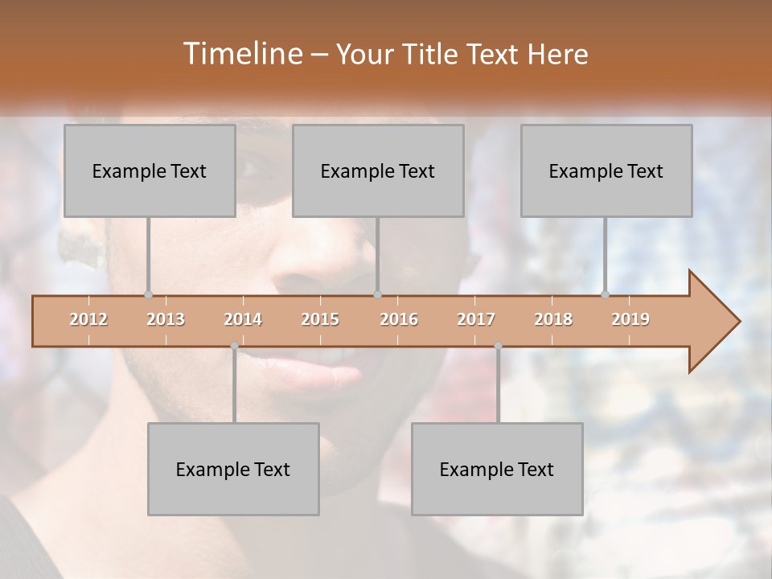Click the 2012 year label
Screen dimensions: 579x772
click(88, 319)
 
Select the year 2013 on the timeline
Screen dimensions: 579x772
click(166, 319)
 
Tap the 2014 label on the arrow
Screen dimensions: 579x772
click(243, 319)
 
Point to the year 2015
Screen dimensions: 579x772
click(320, 319)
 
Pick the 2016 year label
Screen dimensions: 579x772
click(399, 319)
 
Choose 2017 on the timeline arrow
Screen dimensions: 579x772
click(476, 319)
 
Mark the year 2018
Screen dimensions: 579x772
click(553, 319)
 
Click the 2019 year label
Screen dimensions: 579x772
click(630, 319)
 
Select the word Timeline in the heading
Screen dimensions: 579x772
click(242, 54)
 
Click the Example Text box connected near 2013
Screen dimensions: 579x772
click(150, 170)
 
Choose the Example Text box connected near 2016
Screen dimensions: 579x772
click(378, 170)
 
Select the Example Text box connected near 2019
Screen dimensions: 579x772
click(606, 170)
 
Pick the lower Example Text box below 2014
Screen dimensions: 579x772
click(233, 469)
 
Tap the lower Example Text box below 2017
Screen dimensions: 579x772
click(497, 469)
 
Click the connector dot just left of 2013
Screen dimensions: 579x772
click(148, 295)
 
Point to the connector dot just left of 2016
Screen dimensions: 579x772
click(378, 295)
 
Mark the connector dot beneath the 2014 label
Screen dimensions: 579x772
click(234, 346)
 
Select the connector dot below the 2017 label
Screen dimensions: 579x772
click(498, 346)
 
